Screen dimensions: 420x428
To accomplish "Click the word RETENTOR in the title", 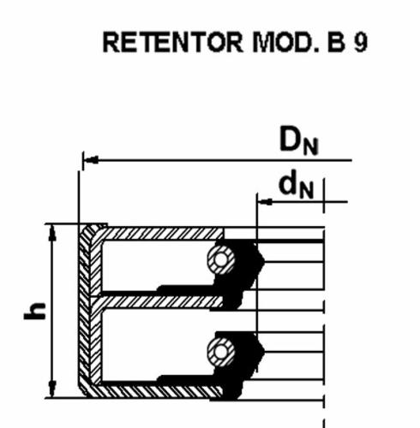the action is (173, 42).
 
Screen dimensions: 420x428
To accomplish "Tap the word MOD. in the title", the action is (285, 42).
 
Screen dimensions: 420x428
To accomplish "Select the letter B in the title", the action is (336, 42).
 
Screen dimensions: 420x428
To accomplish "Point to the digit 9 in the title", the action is (360, 42).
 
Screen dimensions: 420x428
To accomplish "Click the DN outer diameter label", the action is (298, 141).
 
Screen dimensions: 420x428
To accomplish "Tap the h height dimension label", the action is (35, 311).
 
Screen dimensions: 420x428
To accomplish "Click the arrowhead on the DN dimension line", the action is (91, 160).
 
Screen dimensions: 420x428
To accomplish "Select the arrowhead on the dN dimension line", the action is (265, 202).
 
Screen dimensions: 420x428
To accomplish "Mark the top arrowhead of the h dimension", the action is (52, 233).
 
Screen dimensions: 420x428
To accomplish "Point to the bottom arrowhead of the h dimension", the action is (52, 389).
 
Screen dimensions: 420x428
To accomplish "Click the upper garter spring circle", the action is (221, 259).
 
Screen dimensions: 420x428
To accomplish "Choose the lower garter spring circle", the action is (221, 351).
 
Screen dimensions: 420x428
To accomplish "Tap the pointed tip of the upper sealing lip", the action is (264, 260).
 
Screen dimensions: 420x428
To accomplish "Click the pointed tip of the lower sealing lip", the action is (264, 351).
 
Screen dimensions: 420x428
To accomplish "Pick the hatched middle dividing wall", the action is (161, 302).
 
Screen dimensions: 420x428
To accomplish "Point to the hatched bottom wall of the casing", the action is (160, 390).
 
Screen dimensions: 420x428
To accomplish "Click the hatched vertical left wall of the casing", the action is (89, 311).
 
